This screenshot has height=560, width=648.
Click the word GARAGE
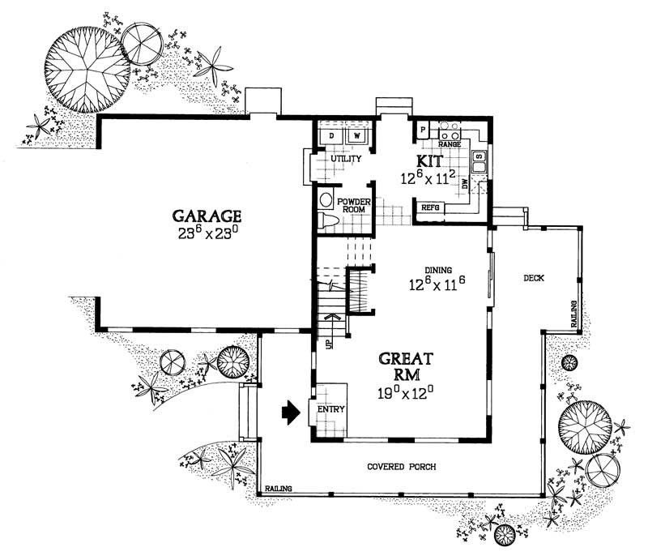[x=207, y=216]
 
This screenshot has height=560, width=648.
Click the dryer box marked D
[x=332, y=135]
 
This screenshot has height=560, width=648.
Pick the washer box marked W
[x=356, y=135]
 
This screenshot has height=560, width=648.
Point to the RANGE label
[x=450, y=144]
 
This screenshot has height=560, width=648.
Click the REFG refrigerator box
[x=430, y=207]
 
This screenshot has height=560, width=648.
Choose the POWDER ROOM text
[x=353, y=205]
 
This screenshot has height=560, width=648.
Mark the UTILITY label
[x=346, y=159]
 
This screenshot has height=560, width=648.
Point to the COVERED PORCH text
[x=402, y=468]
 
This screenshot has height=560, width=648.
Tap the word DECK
[x=533, y=278]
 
